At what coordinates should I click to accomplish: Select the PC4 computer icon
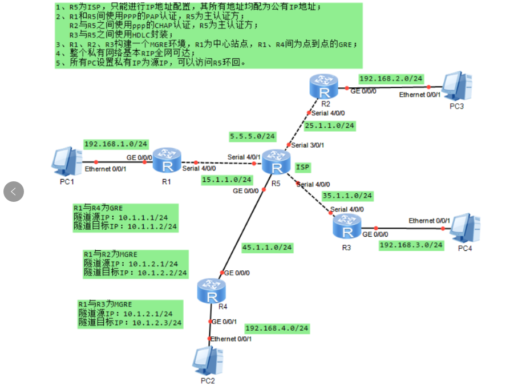tap(464, 227)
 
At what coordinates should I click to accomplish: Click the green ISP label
tap(302, 166)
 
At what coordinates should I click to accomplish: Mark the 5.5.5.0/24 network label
tap(252, 136)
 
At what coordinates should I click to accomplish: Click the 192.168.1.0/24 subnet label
tap(116, 144)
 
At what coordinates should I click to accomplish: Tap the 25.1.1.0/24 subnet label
tap(330, 125)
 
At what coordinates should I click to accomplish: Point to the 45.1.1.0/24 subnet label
tap(267, 247)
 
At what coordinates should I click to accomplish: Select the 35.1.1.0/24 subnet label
tap(347, 196)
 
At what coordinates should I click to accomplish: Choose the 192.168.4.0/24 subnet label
tap(277, 328)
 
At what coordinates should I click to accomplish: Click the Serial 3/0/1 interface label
tap(308, 145)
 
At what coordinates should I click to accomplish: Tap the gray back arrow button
tap(14, 192)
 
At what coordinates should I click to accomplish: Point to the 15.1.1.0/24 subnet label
tap(226, 180)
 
